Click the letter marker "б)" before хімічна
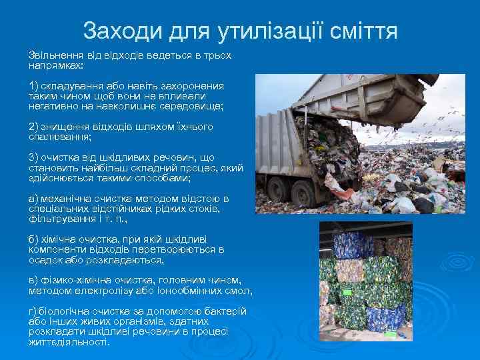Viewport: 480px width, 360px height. pyautogui.click(x=34, y=239)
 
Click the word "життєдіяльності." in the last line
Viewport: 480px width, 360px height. pyautogui.click(x=69, y=341)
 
